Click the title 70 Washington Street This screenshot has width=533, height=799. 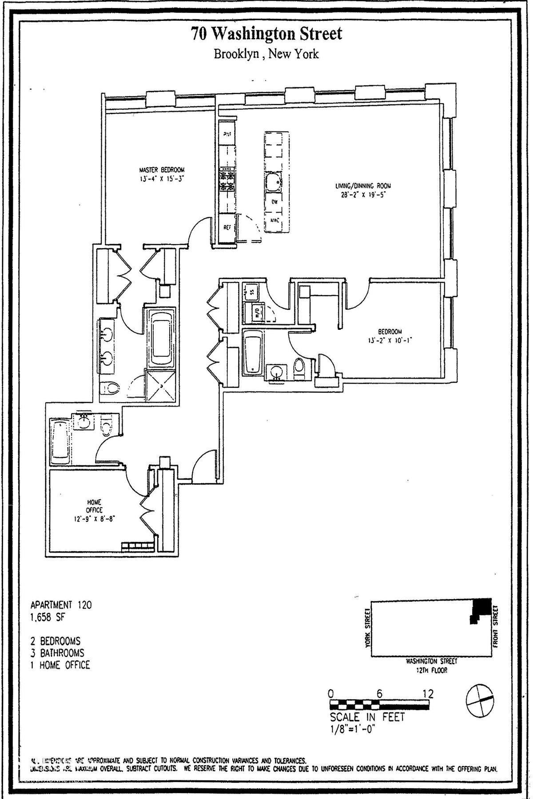pos(266,34)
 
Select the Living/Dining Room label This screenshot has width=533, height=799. pos(363,186)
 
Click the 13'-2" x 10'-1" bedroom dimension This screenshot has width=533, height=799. pos(385,340)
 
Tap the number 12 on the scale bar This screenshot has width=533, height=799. pos(428,693)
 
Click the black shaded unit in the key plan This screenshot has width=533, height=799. pos(481,607)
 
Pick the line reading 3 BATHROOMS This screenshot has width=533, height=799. pos(56,653)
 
